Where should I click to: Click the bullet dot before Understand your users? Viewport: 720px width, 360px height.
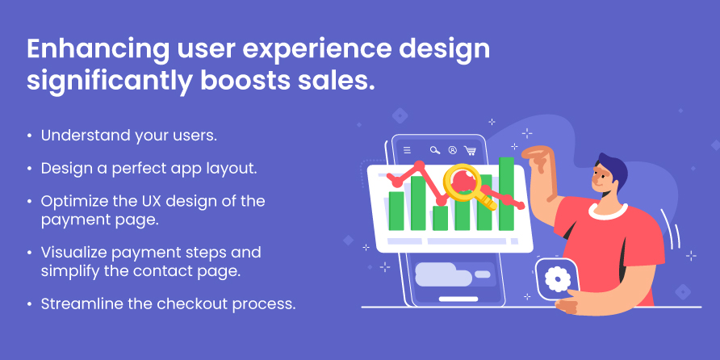(30, 136)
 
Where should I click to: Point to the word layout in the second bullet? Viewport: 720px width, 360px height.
(232, 169)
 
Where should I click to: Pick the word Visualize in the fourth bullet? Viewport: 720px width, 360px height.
(74, 253)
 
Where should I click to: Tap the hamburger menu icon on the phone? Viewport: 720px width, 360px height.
(407, 149)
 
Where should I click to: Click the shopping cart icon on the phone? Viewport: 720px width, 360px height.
(470, 150)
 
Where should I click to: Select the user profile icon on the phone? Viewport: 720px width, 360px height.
(453, 150)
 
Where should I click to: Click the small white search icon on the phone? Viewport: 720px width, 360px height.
(435, 150)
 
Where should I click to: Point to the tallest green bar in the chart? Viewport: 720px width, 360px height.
(506, 194)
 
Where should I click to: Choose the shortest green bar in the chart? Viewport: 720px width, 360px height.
(441, 218)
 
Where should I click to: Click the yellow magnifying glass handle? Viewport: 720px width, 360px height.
(486, 200)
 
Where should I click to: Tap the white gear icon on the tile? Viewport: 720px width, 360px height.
(558, 278)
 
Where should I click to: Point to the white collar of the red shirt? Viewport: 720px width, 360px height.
(608, 211)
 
